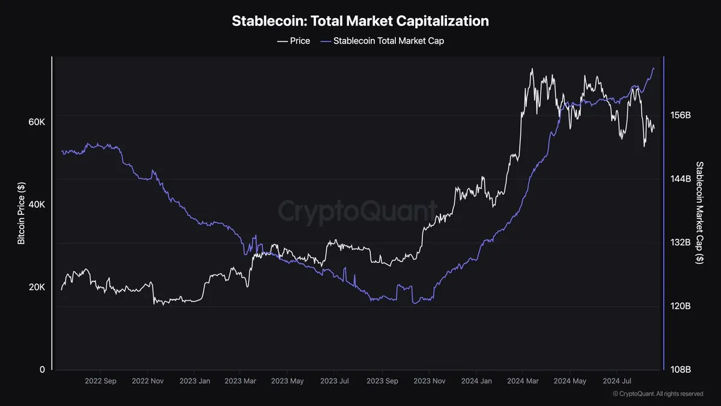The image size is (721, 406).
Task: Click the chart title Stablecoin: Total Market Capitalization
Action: tap(360, 21)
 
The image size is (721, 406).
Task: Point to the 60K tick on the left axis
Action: tap(37, 122)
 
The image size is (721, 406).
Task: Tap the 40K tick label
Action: tap(37, 205)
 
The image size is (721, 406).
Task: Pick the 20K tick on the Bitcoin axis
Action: tap(37, 287)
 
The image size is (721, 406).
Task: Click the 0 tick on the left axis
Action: tap(42, 369)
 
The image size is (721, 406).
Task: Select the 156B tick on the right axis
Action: tap(681, 115)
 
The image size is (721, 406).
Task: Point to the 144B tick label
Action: tap(681, 179)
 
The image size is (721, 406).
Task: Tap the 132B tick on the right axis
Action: tap(681, 242)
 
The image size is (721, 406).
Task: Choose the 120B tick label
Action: tap(681, 306)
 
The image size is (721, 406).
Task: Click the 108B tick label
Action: tap(681, 369)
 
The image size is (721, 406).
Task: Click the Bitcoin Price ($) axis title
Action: tap(21, 213)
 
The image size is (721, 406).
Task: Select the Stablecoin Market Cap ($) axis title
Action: tap(699, 213)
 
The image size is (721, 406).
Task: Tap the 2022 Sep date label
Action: tap(100, 381)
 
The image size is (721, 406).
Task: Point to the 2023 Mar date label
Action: tap(240, 381)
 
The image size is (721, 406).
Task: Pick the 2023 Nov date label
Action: tap(430, 381)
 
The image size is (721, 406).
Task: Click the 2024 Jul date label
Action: tap(618, 381)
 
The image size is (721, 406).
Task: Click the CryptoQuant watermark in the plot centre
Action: tap(357, 212)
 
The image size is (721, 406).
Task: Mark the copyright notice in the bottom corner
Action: tap(658, 394)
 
